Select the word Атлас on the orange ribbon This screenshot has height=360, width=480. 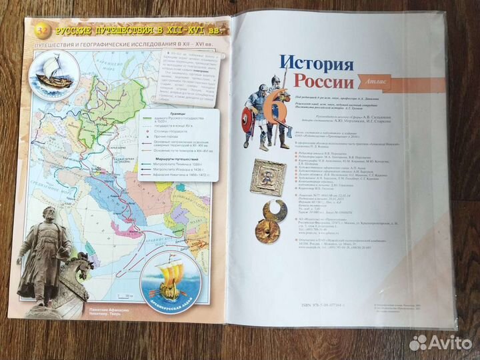point(368,83)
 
